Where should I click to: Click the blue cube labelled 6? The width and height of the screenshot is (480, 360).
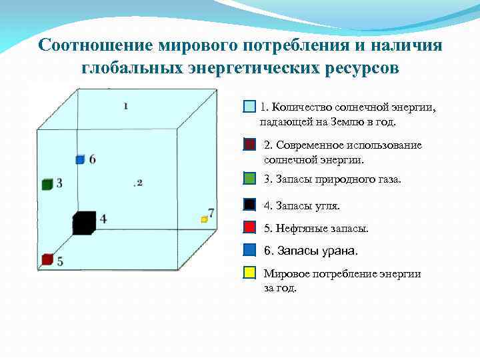pos(79,159)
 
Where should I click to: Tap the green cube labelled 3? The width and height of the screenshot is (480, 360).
pos(47,185)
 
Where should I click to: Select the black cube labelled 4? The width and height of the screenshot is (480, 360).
pos(83,223)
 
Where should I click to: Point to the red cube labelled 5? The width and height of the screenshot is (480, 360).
pos(47,259)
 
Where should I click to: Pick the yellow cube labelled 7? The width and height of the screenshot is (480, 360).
pos(205,219)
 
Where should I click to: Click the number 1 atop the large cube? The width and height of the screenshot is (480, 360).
pos(126,105)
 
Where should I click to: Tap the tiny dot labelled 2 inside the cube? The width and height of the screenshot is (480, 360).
pos(135,183)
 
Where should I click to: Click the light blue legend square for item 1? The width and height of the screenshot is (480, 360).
pos(249,107)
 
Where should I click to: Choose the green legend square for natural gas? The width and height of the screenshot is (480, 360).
pos(249,179)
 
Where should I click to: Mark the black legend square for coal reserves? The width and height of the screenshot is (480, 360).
pos(249,205)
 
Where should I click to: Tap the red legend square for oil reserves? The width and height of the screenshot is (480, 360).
pos(249,227)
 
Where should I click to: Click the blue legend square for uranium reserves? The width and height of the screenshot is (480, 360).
pos(249,250)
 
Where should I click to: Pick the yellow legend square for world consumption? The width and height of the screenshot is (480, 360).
pos(249,273)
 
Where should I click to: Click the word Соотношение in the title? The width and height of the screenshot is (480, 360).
pos(97,45)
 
